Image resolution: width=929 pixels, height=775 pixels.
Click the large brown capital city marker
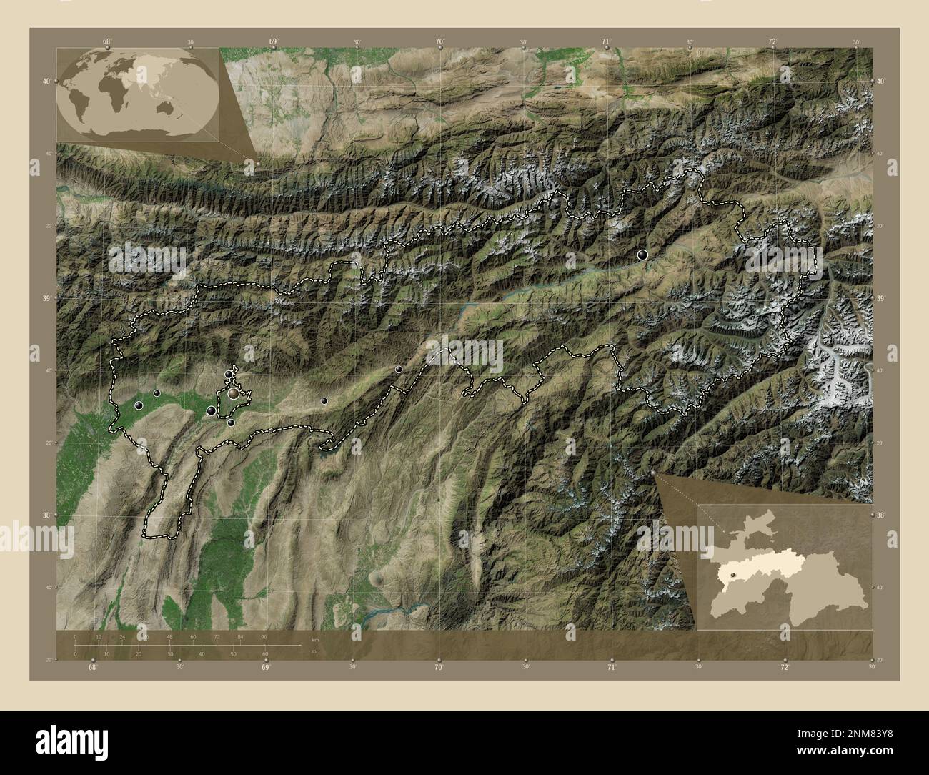tap(234, 393)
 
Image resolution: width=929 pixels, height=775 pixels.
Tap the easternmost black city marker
tap(643, 255)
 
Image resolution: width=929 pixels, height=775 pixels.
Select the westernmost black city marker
tap(139, 405)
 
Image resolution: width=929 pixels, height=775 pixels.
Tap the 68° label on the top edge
tap(106, 41)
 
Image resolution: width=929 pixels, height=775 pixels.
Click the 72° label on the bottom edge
tap(785, 667)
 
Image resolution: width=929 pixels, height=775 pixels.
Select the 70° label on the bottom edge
tap(439, 667)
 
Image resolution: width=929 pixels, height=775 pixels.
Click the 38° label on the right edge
tap(881, 515)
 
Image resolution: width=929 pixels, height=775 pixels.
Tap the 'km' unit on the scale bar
tap(314, 638)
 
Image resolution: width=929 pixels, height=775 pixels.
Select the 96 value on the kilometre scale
tap(264, 636)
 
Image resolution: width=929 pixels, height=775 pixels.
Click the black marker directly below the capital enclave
tap(231, 423)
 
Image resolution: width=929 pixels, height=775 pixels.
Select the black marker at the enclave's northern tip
tap(229, 374)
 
